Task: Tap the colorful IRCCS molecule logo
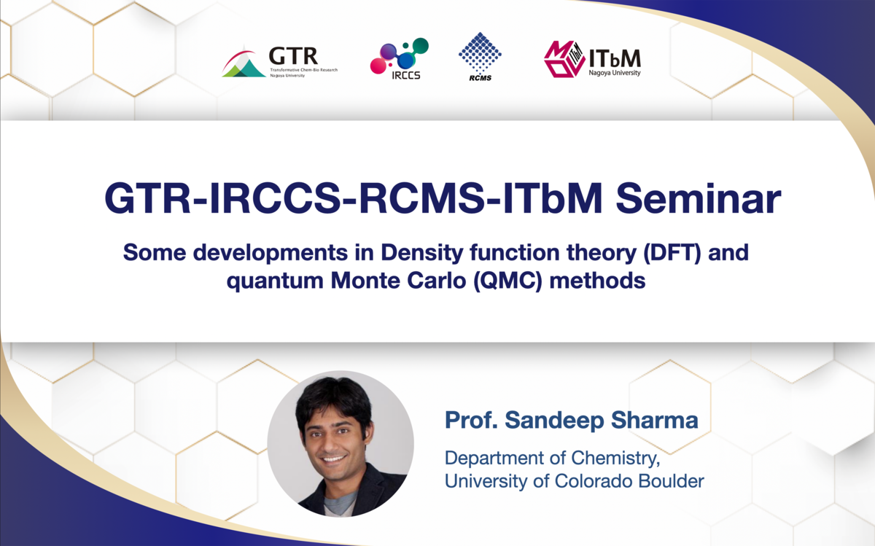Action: click(400, 58)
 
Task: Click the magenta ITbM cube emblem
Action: click(564, 59)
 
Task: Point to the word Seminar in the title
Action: click(698, 199)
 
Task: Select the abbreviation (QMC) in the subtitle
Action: click(507, 281)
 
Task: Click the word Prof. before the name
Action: click(471, 420)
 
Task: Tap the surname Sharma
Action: click(654, 420)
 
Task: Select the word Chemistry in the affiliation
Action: click(610, 459)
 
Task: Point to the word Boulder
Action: click(671, 481)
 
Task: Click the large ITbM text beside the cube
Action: click(615, 58)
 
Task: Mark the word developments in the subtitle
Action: click(271, 253)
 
